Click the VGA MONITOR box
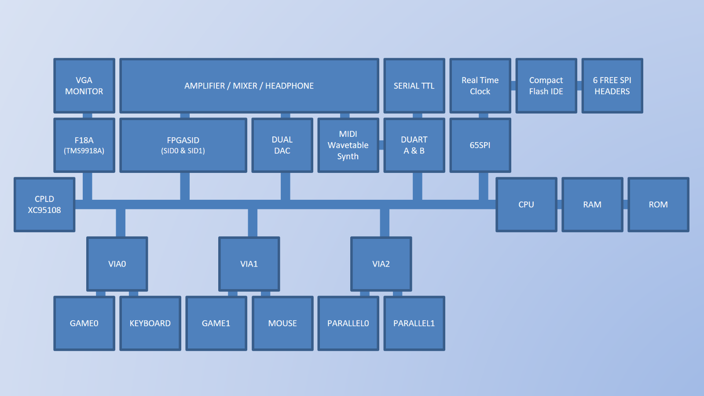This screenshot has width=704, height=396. click(x=84, y=86)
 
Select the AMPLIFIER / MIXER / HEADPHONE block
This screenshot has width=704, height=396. click(x=249, y=86)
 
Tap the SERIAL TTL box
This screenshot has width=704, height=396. click(x=414, y=86)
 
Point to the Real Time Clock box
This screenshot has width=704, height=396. click(x=480, y=86)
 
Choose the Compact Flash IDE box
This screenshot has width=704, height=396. click(x=546, y=86)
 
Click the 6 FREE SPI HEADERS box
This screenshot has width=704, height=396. click(x=612, y=86)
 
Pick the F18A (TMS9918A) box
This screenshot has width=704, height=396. click(x=84, y=145)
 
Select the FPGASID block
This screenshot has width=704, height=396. click(x=183, y=145)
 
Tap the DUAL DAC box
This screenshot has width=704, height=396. click(x=282, y=145)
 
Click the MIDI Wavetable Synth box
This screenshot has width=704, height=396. click(x=348, y=145)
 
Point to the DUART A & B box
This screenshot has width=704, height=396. click(x=414, y=145)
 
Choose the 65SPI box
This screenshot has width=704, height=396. click(x=480, y=145)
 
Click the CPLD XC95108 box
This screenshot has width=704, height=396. click(x=44, y=205)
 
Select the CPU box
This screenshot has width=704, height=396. click(x=526, y=205)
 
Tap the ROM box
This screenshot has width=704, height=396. click(x=658, y=205)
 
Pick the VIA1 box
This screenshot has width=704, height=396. click(x=249, y=264)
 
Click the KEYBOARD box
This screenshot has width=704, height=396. click(x=150, y=323)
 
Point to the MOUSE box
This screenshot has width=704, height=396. click(x=282, y=323)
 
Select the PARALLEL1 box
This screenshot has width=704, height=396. click(x=414, y=323)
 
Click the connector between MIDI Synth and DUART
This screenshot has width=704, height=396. click(x=381, y=145)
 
